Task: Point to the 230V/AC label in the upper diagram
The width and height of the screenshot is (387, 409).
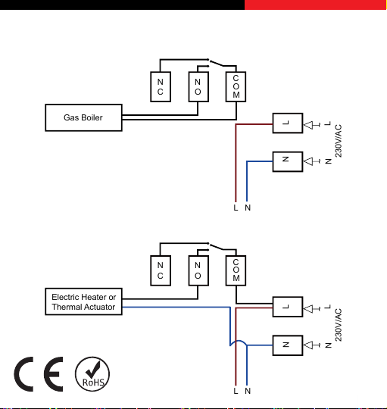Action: point(339,141)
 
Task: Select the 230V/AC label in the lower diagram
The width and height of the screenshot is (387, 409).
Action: point(339,325)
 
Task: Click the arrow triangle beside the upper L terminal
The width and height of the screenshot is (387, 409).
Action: point(308,125)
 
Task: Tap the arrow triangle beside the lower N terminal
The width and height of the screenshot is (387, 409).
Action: point(308,345)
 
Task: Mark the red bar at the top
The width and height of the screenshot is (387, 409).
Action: point(316,5)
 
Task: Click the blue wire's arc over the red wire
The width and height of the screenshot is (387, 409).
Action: point(239,341)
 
